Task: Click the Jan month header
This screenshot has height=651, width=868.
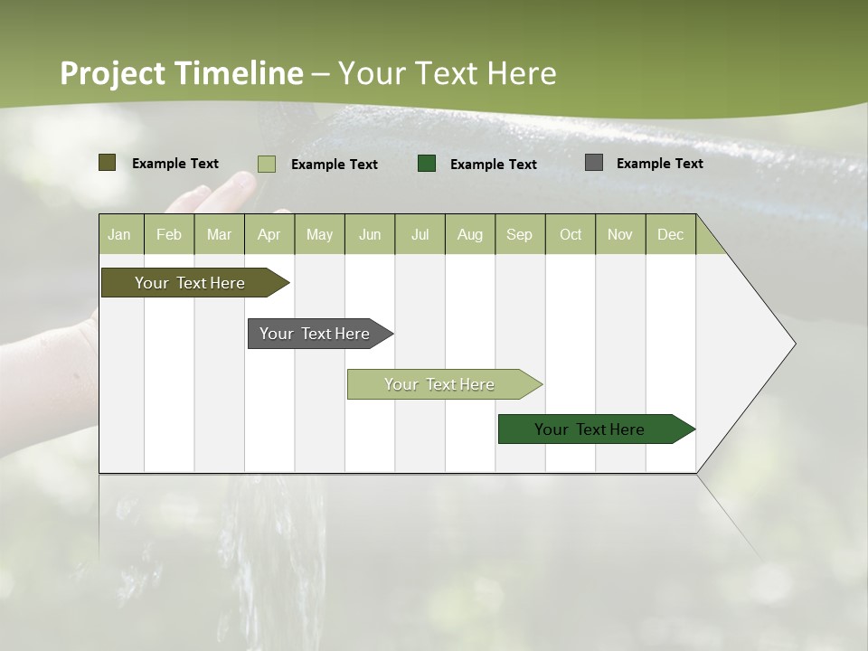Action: tap(119, 234)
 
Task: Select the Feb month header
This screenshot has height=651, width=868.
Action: tap(169, 234)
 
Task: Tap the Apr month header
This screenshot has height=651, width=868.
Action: tap(269, 234)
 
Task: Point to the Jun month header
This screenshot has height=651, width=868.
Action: tap(370, 234)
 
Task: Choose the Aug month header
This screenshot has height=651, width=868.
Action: tap(470, 234)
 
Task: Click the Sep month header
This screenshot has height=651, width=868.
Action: tap(520, 234)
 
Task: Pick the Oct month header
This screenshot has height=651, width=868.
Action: tap(571, 234)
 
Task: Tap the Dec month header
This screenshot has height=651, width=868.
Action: tap(671, 234)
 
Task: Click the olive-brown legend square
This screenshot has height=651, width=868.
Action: tap(108, 163)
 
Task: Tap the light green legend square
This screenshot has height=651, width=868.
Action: tap(267, 164)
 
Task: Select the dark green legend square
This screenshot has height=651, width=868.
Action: tap(427, 164)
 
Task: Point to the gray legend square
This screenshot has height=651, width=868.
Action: tap(594, 163)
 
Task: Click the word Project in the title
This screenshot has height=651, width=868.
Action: tap(113, 73)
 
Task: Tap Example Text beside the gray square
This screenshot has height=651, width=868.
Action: tap(659, 164)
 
